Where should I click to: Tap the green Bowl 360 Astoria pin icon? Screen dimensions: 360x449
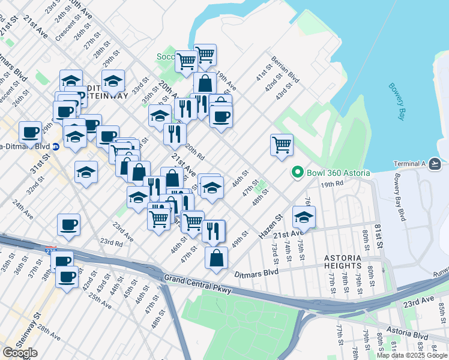pos(297,173)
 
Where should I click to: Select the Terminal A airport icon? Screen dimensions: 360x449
pos(436,164)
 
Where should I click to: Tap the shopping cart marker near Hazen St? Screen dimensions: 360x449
pos(282,145)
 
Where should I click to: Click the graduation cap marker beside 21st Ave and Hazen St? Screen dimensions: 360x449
pos(304,217)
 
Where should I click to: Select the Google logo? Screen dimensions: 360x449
pos(20,353)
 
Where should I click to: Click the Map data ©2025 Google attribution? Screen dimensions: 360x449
pos(412,355)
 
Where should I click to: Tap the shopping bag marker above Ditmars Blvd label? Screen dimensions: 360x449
pos(216,258)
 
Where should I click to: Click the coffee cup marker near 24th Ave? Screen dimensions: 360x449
pos(68,224)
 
